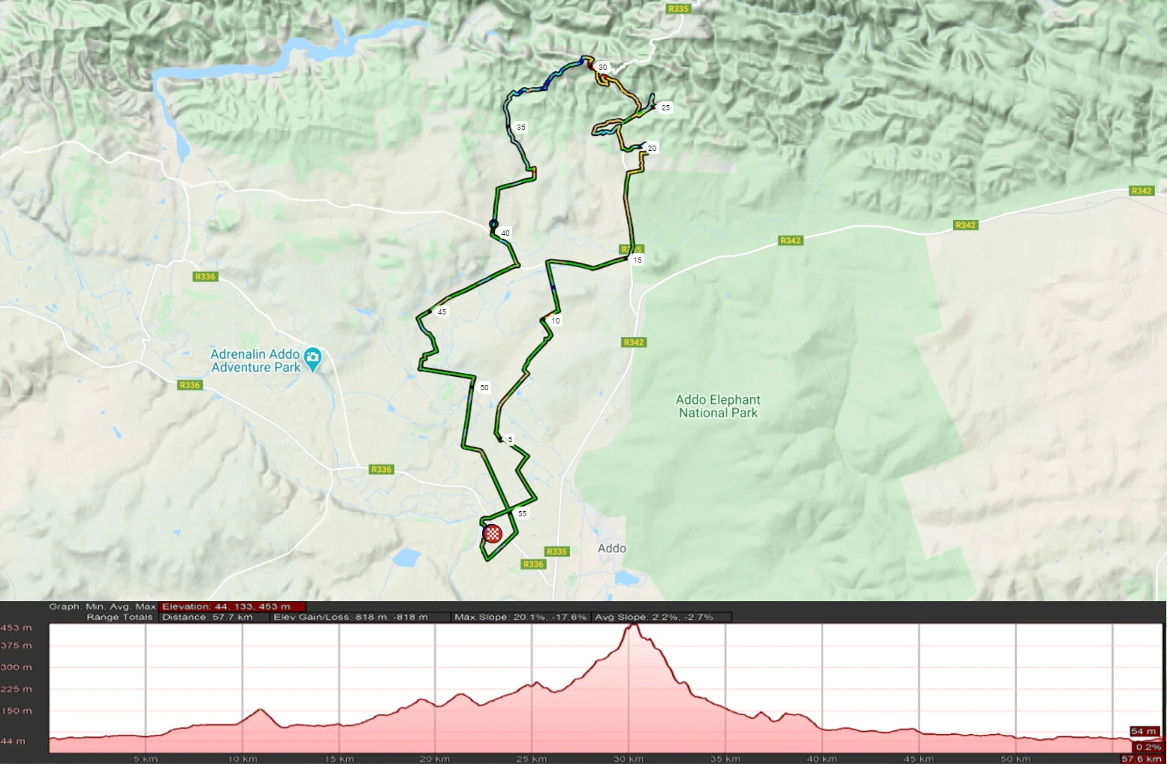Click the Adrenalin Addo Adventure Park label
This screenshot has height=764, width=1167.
(x=255, y=360)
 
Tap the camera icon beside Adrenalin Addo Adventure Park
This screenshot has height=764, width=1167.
(x=312, y=359)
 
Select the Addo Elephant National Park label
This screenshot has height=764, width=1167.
(x=717, y=406)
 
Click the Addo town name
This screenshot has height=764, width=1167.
(x=611, y=549)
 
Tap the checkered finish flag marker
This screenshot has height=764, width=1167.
(x=493, y=534)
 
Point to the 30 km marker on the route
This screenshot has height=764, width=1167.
(x=602, y=68)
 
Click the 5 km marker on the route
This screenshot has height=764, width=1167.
(x=510, y=440)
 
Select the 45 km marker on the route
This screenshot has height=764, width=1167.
(x=442, y=312)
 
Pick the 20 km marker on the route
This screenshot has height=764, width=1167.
(x=652, y=149)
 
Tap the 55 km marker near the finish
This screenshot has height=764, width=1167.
(x=522, y=514)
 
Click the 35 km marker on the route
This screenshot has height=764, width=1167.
(x=521, y=128)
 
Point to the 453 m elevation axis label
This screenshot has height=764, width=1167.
(x=17, y=627)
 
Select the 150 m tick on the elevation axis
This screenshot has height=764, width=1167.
(x=17, y=711)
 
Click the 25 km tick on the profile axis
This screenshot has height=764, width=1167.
(x=531, y=759)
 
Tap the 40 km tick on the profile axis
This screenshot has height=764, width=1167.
(x=822, y=759)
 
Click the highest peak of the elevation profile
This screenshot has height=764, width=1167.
(x=633, y=624)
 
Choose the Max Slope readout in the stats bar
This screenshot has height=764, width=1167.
(x=520, y=617)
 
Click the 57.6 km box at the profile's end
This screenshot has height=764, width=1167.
(x=1141, y=759)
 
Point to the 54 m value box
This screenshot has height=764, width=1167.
(x=1144, y=731)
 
